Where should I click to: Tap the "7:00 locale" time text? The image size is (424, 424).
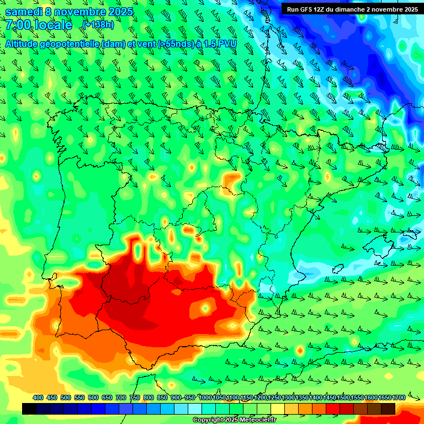39,25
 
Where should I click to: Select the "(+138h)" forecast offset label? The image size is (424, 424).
98,25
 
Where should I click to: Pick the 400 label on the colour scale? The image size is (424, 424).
38,398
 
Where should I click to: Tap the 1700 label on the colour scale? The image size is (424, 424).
384,398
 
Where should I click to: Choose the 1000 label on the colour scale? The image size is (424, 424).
205,398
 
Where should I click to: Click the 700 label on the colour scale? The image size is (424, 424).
121,398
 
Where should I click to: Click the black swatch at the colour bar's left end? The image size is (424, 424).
29,409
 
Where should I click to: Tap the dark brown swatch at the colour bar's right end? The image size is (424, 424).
388,409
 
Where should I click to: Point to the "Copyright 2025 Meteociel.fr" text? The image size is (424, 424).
234,420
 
